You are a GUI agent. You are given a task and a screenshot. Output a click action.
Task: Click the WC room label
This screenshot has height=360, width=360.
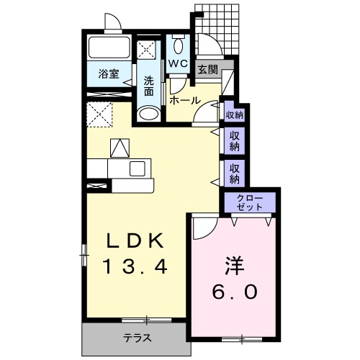coord(178,63)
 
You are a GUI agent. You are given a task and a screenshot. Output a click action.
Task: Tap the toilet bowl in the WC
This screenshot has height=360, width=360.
coord(178,46)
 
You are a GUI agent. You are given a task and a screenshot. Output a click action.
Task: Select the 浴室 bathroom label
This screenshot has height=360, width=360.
coord(109,73)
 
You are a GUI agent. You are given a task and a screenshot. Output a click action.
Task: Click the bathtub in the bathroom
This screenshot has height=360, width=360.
coord(109,48)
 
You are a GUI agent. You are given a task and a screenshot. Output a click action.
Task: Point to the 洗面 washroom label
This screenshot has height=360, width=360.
coord(149,86)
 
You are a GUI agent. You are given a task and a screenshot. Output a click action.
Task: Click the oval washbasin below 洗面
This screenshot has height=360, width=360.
coord(149,114)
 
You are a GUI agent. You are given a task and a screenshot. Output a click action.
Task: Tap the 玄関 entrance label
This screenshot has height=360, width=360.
coord(208,70)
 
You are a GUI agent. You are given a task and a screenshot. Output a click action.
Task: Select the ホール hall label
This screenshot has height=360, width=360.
coord(185,101)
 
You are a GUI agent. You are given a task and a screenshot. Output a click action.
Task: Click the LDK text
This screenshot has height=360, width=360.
coord(135,240)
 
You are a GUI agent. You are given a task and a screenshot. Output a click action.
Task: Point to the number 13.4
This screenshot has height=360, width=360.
coord(135,267)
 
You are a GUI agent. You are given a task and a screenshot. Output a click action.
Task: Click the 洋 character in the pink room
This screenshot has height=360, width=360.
coord(234,266)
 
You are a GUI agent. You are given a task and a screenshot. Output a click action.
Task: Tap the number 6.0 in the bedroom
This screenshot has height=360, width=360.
coord(235,292)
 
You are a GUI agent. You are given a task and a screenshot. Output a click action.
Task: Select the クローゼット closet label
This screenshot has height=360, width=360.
coord(250,202)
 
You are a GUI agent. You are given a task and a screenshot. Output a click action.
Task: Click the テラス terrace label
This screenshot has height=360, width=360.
coord(138,338)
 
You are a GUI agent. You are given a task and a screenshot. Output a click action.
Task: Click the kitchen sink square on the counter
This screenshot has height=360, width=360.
coord(138,168)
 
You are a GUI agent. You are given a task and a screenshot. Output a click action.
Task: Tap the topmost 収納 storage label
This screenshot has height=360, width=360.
coord(235,115)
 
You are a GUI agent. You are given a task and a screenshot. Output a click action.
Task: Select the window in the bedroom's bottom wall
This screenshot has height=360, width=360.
coord(242,339)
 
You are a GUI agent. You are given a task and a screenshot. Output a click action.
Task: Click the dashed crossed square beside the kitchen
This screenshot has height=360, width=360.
coord(99,114)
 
